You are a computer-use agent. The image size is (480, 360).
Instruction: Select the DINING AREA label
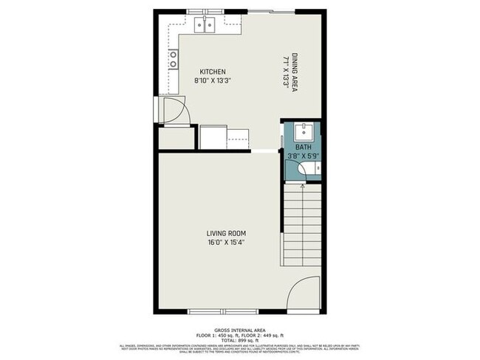point(294,72)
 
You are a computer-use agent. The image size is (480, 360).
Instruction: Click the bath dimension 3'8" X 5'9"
point(304,156)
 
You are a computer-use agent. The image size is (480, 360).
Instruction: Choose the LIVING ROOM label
point(225,234)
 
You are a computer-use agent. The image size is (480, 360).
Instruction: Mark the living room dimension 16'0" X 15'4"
point(225,242)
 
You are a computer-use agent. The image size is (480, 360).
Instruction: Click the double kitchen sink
point(205,26)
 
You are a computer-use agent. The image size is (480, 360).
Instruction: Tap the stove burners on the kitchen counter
point(173,59)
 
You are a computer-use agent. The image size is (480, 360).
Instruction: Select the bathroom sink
point(304,133)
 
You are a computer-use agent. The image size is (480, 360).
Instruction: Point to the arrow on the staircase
point(302,187)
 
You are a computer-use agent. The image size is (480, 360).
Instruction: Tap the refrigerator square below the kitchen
point(213,137)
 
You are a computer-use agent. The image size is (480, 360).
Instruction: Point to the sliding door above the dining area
point(273,12)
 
